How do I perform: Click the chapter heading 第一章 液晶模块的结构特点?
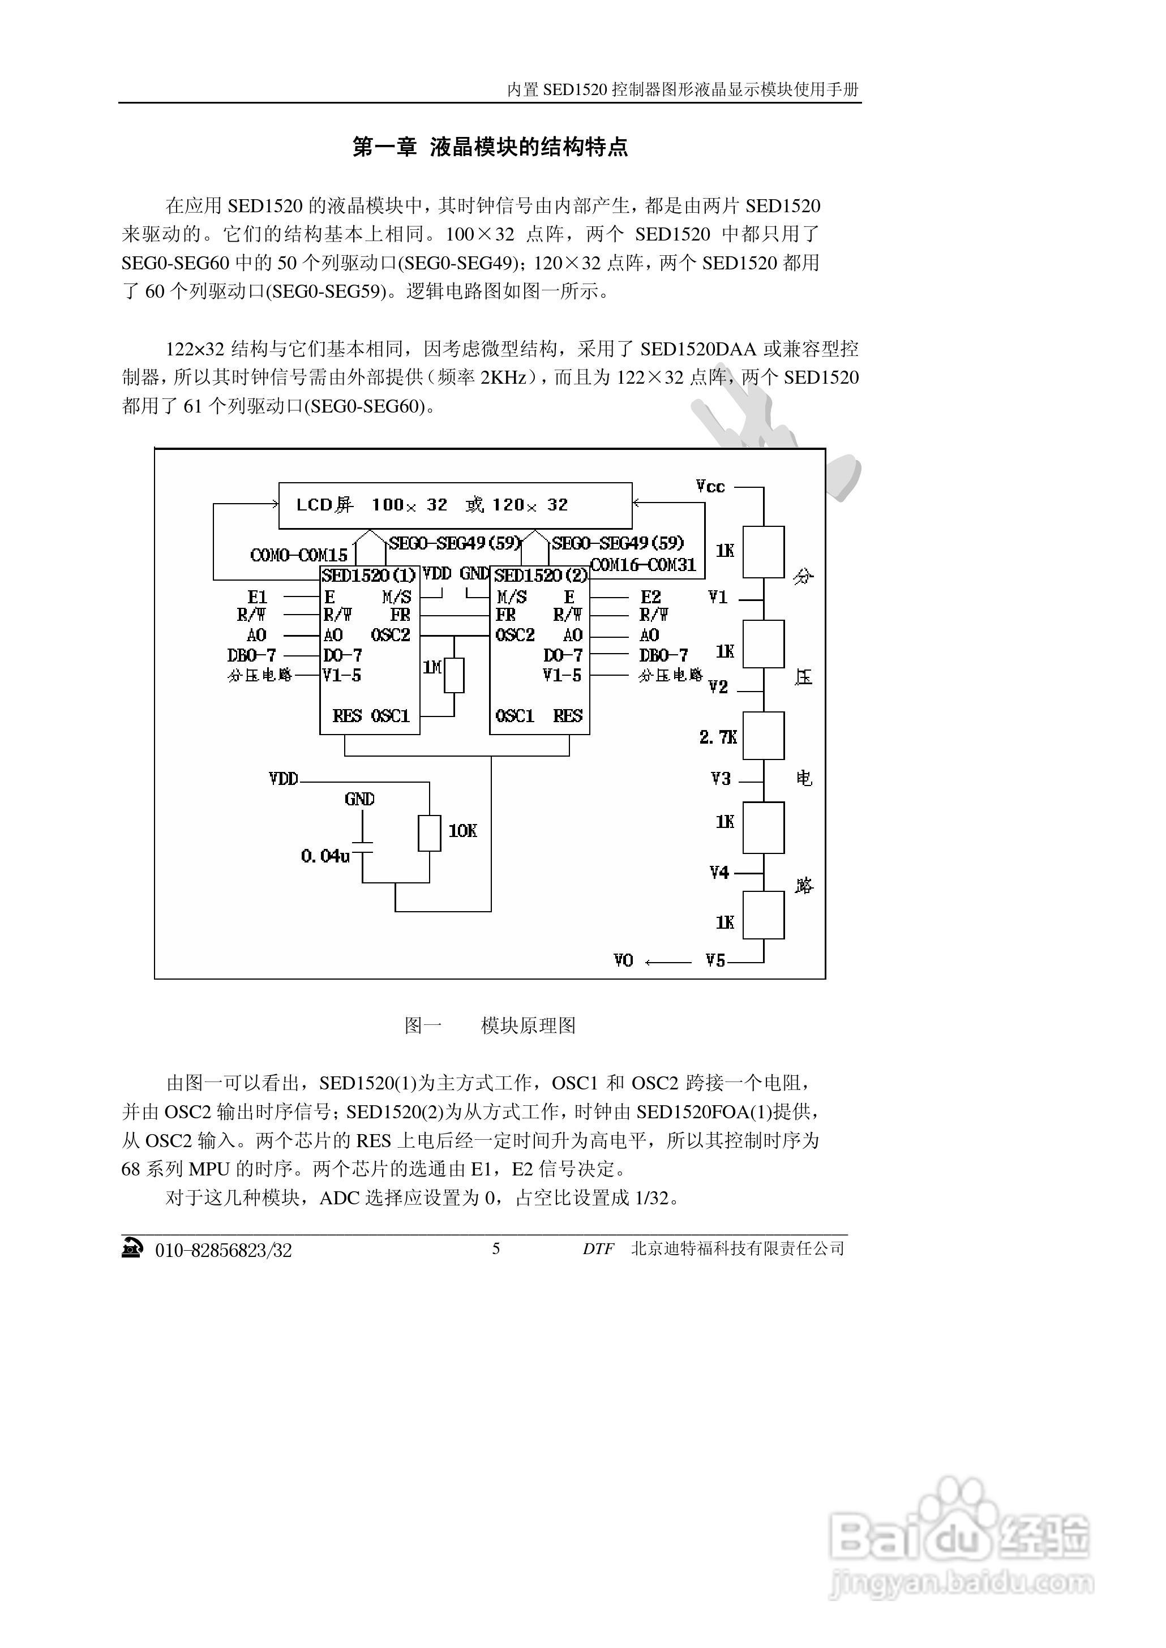coord(490,147)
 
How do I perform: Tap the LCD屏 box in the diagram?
coord(455,505)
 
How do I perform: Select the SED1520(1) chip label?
coord(368,575)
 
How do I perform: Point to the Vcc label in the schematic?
coord(710,487)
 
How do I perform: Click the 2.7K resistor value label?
coord(718,737)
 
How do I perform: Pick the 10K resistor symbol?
coord(430,832)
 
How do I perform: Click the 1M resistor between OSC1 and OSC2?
coord(454,675)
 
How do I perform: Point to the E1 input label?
coord(257,597)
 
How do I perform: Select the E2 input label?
coord(650,597)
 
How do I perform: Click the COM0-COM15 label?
coord(299,555)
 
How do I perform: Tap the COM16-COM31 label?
coord(644,565)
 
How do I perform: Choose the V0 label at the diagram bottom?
coord(623,960)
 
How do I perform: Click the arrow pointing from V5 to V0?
coord(668,962)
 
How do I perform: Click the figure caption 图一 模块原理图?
coord(490,1025)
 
